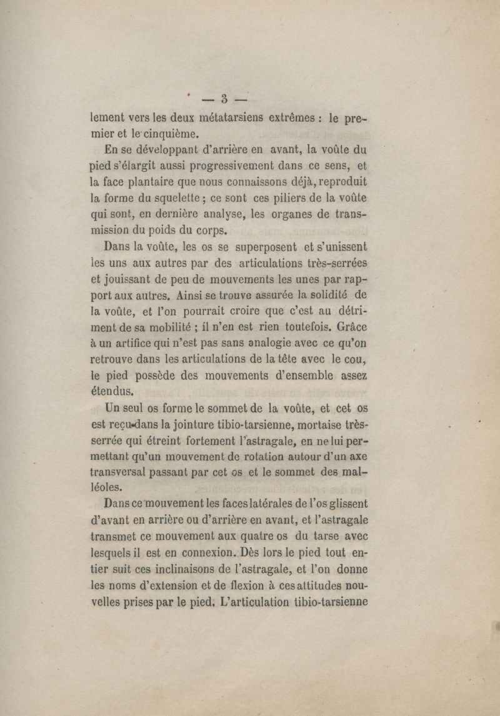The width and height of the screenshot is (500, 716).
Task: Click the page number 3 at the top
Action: (x=223, y=98)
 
